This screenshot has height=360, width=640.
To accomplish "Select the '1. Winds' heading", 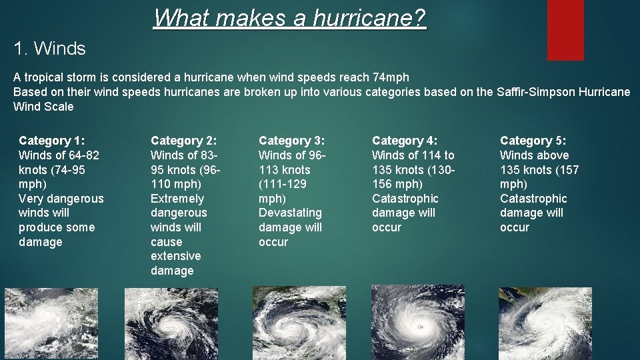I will (x=50, y=49).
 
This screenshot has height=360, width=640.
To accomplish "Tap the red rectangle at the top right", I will (x=565, y=29).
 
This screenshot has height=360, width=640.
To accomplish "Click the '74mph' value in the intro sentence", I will (x=391, y=77).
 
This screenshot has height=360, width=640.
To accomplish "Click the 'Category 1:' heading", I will (x=52, y=141).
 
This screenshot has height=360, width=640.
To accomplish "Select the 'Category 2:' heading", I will (x=184, y=141).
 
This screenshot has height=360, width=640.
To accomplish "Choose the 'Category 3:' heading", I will (x=292, y=141).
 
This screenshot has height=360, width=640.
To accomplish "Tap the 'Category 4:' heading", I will (x=405, y=141).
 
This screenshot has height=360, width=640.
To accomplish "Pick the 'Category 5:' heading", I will (x=533, y=141).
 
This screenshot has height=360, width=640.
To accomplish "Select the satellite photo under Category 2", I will (x=170, y=323).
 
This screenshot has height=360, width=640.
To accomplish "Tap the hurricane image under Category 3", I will (x=299, y=323).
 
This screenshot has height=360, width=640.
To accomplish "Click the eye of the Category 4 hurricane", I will (x=420, y=327).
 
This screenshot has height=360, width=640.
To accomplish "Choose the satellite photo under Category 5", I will (x=545, y=323).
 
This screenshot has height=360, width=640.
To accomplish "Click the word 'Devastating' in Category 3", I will (x=290, y=213).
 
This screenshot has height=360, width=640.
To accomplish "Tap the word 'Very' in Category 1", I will (x=31, y=199).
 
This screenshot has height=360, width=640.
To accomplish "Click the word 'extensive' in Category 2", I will (x=175, y=256).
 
